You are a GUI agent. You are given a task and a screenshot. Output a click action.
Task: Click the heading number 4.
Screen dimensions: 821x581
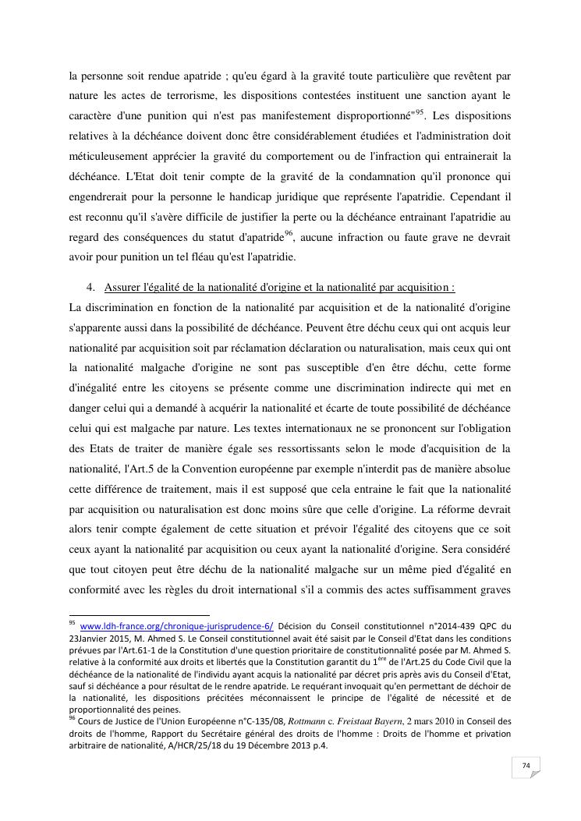coord(91,288)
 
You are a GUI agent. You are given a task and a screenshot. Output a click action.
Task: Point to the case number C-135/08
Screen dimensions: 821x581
coord(235,722)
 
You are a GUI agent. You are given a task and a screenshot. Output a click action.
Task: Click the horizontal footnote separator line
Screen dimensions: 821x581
coord(140,614)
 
